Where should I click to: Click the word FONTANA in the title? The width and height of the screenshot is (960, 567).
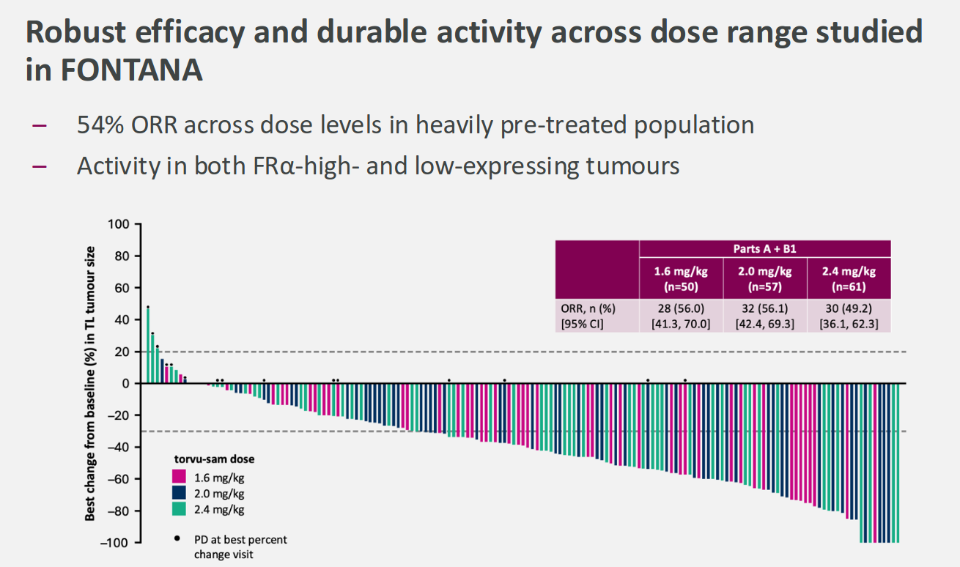click(129, 70)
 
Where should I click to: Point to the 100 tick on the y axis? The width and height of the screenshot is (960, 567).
click(119, 224)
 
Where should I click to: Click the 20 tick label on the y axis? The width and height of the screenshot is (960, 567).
click(122, 352)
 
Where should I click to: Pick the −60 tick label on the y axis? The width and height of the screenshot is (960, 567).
click(117, 479)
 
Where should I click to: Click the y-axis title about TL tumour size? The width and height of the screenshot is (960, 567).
click(90, 384)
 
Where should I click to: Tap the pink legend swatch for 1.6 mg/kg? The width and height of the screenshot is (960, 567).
click(179, 476)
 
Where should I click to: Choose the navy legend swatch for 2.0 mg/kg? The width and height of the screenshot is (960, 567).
click(179, 493)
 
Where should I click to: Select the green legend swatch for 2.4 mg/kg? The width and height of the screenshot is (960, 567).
click(179, 509)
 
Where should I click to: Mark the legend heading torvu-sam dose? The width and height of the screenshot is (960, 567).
click(214, 459)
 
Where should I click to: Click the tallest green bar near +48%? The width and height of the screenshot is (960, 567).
click(148, 344)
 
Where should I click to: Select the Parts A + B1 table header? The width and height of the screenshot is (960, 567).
click(765, 249)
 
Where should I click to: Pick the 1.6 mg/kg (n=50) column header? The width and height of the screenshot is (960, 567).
click(682, 278)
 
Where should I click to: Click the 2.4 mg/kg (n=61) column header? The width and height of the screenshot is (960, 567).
click(849, 278)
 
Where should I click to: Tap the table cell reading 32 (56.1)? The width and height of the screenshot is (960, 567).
click(765, 308)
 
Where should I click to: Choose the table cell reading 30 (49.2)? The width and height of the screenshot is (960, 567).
click(849, 308)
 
